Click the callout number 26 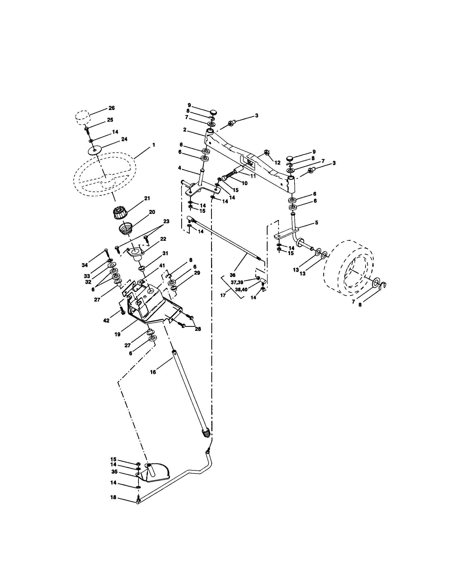(111, 108)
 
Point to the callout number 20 (152, 212)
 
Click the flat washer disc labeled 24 (94, 150)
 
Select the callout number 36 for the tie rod (233, 275)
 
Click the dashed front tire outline (349, 268)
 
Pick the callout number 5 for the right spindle (316, 222)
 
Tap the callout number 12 (277, 162)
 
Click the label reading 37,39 (237, 282)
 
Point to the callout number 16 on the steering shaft (153, 372)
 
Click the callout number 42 (106, 320)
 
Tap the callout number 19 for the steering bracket (117, 334)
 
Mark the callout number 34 (84, 265)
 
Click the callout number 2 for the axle (185, 130)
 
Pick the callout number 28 (198, 329)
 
